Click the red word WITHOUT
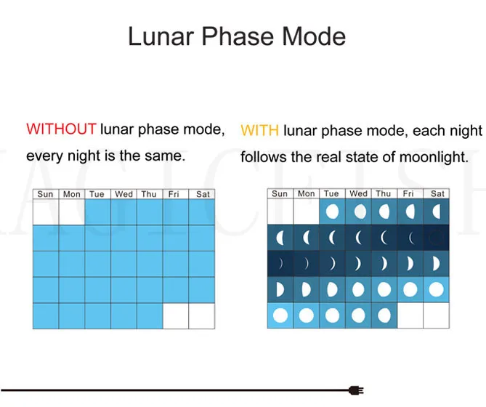[61, 129]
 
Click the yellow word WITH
[260, 130]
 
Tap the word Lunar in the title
[161, 36]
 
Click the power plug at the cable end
[356, 390]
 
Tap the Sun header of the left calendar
[45, 194]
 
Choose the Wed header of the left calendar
[123, 194]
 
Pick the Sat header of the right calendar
[437, 194]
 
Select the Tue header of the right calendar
[331, 194]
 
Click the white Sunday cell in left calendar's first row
[46, 212]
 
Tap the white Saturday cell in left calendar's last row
[202, 316]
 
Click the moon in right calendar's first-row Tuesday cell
[332, 211]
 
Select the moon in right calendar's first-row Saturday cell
[437, 211]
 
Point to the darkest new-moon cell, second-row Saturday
[436, 238]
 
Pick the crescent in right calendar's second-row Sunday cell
[280, 238]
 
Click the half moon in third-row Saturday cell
[436, 264]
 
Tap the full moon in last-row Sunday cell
[280, 315]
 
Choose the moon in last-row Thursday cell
[384, 315]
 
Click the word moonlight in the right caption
[434, 157]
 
